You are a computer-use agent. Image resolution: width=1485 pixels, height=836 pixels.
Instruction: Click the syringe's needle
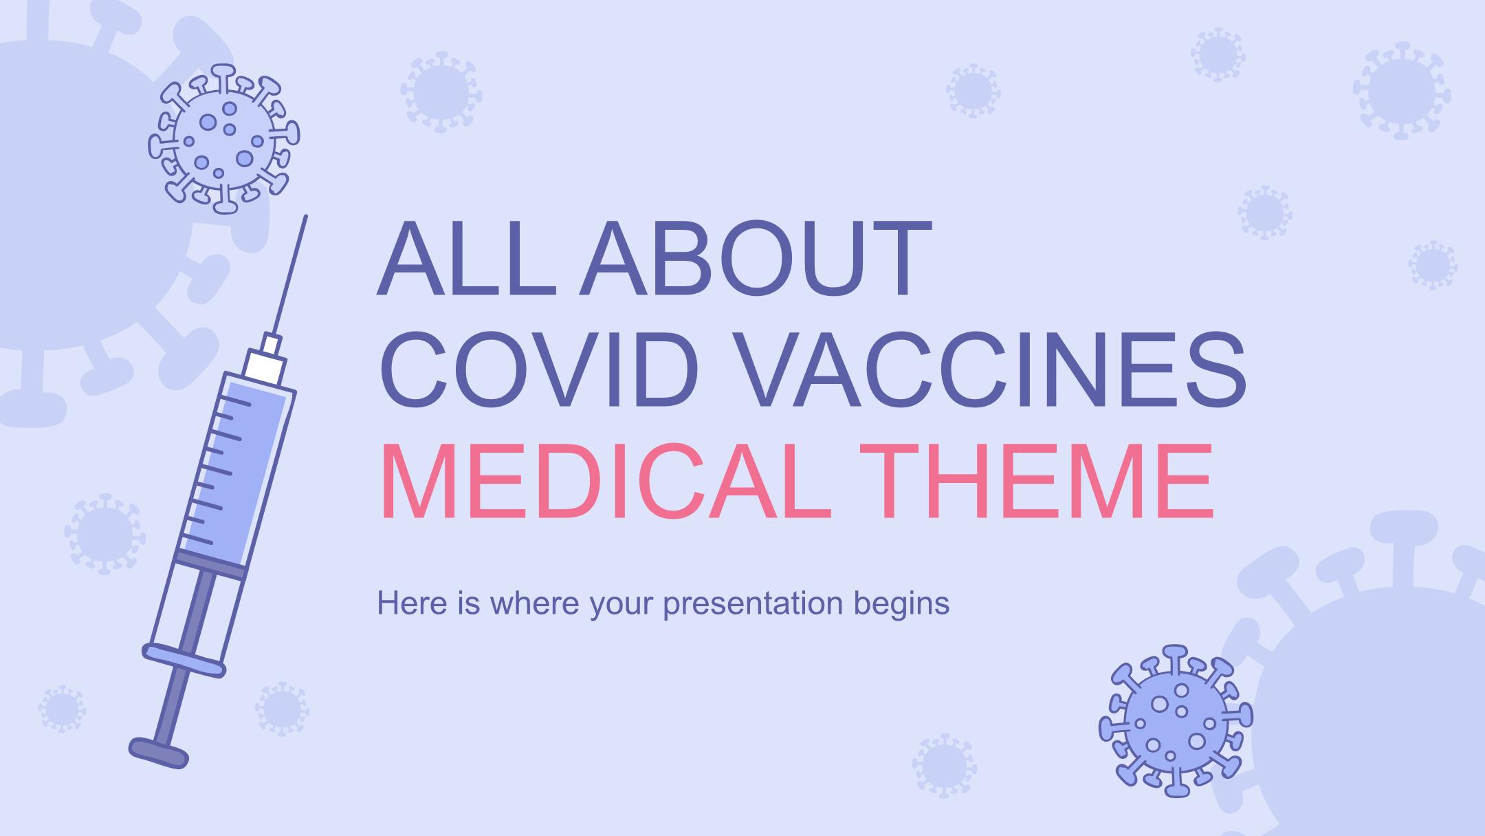point(289,275)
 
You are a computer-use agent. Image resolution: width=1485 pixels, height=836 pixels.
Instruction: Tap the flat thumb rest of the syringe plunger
point(159,752)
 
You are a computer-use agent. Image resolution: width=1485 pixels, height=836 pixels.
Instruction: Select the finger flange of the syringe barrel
point(184,660)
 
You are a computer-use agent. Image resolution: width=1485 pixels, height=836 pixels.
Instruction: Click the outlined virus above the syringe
point(224,138)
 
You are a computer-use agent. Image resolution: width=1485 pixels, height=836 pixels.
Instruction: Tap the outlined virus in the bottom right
point(1176,720)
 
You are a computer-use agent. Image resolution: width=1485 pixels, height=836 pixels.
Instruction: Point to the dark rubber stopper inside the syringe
point(211,563)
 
